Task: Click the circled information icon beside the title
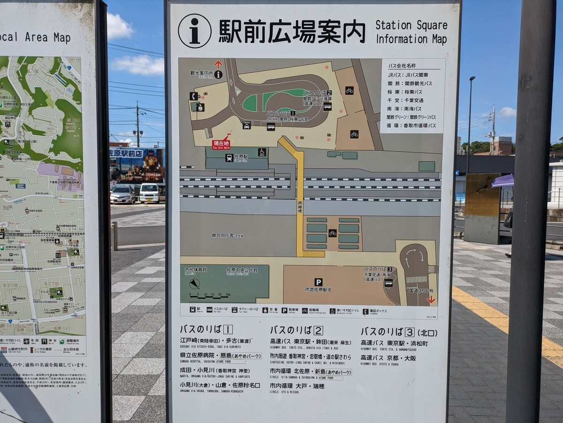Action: [194, 31]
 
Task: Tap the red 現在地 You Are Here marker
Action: [221, 144]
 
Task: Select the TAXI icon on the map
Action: [247, 124]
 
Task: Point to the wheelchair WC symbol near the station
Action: [262, 152]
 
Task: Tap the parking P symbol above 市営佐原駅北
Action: [319, 282]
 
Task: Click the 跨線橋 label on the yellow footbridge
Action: [300, 206]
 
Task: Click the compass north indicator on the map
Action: [194, 284]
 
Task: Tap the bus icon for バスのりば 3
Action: [388, 283]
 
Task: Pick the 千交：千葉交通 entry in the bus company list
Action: [405, 100]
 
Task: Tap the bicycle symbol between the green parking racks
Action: [332, 233]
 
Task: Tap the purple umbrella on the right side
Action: [502, 181]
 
